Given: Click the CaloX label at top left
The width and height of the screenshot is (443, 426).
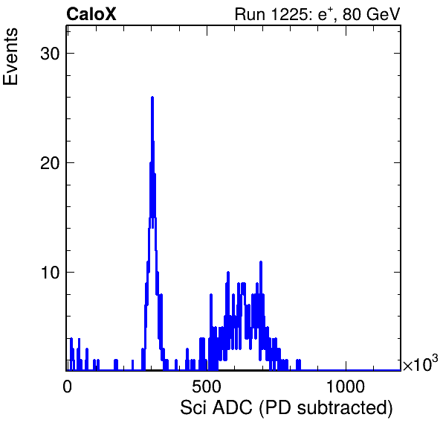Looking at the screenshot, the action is [91, 14].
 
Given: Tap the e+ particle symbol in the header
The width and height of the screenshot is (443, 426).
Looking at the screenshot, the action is [325, 14].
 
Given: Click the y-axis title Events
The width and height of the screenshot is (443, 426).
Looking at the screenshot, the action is [10, 57].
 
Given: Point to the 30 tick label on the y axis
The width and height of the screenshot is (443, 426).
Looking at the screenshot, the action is [51, 53].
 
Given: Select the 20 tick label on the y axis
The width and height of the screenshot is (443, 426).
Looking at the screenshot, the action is [51, 163].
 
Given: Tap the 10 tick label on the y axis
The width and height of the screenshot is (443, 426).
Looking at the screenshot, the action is [51, 273].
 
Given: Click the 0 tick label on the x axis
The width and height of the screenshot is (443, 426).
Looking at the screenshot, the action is [67, 387].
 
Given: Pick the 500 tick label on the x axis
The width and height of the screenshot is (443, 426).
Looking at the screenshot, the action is [207, 387].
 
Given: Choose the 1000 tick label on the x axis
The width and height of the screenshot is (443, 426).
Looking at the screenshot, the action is [346, 387].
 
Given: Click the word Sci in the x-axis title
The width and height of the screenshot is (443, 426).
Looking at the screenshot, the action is [193, 407].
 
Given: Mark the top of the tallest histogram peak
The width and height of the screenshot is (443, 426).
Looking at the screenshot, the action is [152, 97].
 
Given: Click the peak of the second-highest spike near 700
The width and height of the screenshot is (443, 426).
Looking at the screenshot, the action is [261, 262].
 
